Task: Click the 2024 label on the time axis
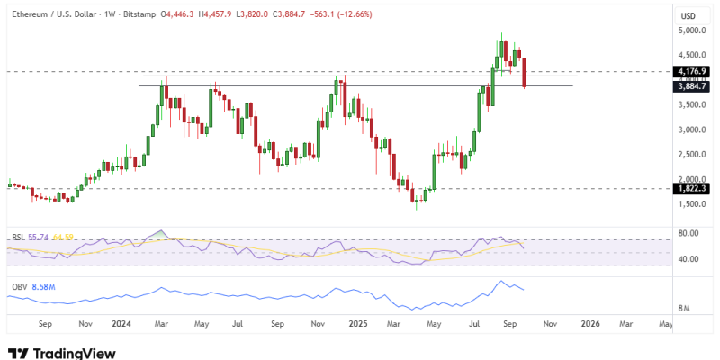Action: [122, 323]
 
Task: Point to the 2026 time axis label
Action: [590, 323]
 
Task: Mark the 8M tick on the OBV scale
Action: [684, 308]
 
